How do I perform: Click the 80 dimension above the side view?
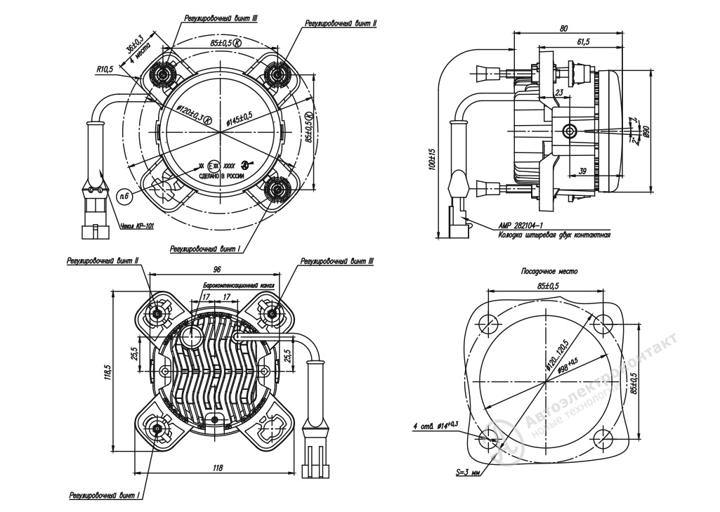tap(564, 29)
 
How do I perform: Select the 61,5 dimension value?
tap(583, 42)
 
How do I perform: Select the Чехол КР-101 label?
tap(137, 226)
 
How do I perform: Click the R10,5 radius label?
tap(105, 70)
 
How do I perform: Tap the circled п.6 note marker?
tap(124, 196)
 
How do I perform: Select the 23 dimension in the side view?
tap(559, 91)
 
